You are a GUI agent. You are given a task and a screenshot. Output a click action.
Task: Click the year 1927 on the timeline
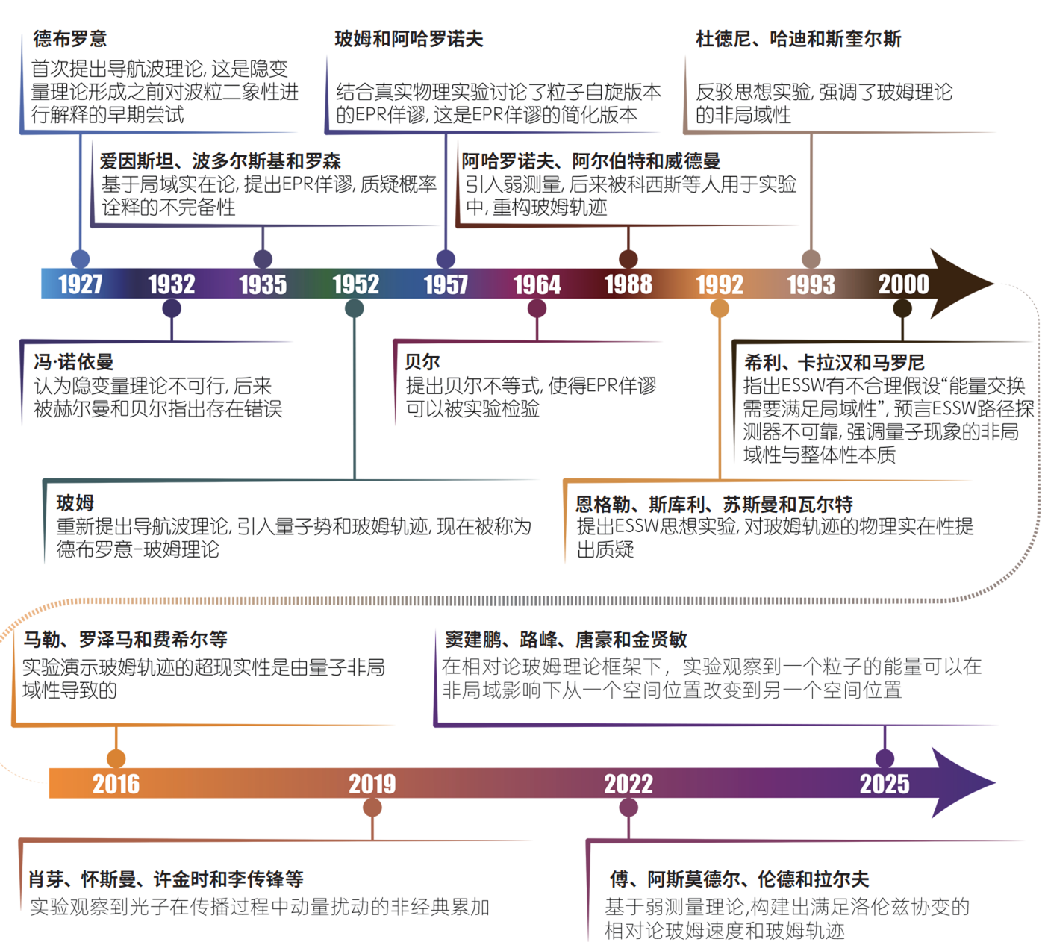(81, 284)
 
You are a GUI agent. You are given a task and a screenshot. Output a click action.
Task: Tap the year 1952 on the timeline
(355, 284)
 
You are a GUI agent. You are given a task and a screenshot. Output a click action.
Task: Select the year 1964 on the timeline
(537, 284)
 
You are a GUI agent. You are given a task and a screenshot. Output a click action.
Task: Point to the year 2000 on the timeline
(903, 284)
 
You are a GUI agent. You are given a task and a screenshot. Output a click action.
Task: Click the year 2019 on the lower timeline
(372, 784)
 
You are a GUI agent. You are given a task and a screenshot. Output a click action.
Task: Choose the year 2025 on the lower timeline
(885, 784)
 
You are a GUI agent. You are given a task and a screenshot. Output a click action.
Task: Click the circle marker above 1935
(263, 259)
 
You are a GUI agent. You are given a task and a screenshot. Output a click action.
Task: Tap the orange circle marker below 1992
(720, 308)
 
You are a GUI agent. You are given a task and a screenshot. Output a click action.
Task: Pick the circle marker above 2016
(116, 758)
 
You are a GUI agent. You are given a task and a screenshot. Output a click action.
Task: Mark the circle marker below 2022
(628, 808)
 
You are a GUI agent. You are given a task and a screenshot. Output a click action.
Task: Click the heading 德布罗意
(70, 39)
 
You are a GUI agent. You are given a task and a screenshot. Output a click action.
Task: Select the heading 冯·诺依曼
(74, 362)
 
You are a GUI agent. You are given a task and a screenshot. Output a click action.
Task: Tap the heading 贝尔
(422, 362)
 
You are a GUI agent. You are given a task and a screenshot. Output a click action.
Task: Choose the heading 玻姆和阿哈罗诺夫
(409, 39)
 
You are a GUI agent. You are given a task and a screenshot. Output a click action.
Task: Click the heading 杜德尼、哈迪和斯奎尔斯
(799, 39)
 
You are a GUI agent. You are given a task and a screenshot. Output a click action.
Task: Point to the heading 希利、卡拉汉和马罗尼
(834, 363)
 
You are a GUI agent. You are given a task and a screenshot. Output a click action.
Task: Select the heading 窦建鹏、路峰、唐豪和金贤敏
(566, 640)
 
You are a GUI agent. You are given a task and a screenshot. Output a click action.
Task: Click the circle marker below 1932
(172, 308)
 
